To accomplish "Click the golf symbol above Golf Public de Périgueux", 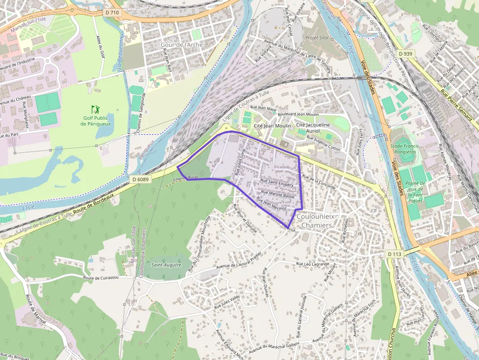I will coord(95,109).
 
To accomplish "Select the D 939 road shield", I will coord(406,53).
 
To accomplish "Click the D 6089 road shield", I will coord(140,179).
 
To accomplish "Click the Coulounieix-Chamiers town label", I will coord(314,221).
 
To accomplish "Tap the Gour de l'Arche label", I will coord(181,44).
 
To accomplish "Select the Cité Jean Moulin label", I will coord(272,126).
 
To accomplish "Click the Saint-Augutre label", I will coord(166,265).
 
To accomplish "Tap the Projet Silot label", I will coord(317,38).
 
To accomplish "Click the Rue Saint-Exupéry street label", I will coord(277,184).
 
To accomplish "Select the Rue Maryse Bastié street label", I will coord(278,195).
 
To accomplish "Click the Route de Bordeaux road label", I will coord(93,204).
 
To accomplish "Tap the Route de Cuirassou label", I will coord(101,277).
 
